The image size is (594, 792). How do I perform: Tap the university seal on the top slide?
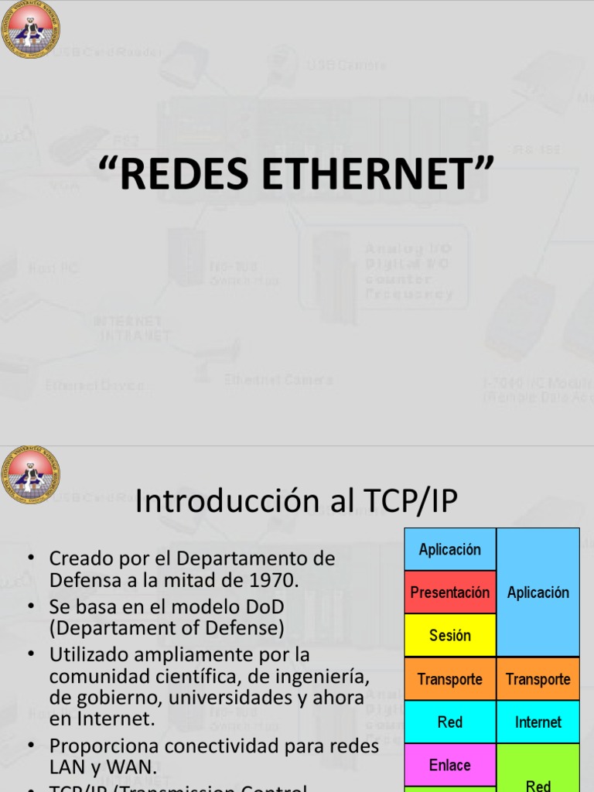(30, 29)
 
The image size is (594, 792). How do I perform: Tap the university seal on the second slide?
(30, 474)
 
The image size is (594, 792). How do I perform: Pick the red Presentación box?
(450, 592)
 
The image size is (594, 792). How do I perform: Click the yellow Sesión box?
(450, 636)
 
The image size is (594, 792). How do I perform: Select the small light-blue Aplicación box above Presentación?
(450, 549)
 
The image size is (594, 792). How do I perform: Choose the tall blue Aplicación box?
(538, 592)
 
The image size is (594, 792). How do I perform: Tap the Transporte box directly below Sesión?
(450, 679)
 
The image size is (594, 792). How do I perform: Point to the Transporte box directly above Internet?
(538, 679)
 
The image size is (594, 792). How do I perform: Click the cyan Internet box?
(538, 722)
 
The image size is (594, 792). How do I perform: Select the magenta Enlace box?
(450, 765)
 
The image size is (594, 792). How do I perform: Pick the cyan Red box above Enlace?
(450, 722)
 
